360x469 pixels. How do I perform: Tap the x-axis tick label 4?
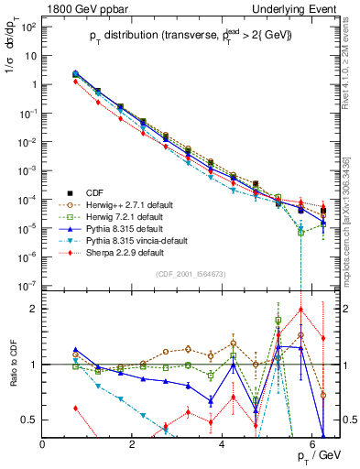[x=223, y=444]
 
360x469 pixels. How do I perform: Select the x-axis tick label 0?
[x=43, y=444]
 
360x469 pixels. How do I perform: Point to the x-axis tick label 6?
[x=312, y=444]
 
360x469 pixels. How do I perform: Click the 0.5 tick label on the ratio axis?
[x=30, y=420]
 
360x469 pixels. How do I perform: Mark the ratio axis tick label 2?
[x=35, y=309]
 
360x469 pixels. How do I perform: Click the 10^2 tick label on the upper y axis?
[x=29, y=27]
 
